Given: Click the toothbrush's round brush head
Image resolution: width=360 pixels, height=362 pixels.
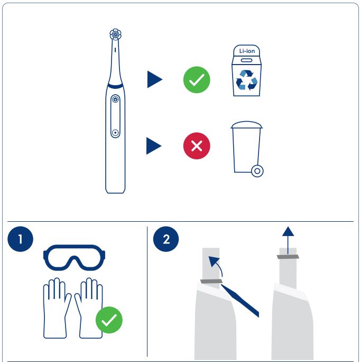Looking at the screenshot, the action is (x=115, y=34).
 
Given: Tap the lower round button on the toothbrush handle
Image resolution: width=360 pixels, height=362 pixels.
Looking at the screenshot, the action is (x=115, y=133).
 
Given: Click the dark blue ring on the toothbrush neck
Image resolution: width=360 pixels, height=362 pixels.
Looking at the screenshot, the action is (x=115, y=86).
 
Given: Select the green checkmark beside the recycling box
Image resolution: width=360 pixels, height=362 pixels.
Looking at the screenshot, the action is (x=197, y=79).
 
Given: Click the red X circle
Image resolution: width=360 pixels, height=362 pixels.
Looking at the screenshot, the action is (x=197, y=146).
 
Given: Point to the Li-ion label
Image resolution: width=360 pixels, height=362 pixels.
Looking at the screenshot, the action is (x=247, y=51).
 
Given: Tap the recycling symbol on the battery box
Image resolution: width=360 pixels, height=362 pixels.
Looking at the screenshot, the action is (x=246, y=80).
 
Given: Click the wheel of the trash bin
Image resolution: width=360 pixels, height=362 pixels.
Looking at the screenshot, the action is (x=257, y=171).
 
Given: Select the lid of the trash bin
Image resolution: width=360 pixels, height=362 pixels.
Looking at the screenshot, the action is (x=246, y=125).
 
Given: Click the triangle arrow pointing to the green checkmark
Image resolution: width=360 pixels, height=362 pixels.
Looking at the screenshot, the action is (x=153, y=79).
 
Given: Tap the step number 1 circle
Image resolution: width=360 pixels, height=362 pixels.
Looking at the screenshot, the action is (x=20, y=239).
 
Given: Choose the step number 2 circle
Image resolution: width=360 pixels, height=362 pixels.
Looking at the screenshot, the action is (x=166, y=239).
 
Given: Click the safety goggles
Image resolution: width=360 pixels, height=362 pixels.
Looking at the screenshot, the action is (x=74, y=257).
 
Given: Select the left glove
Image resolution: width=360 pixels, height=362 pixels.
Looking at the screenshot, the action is (x=57, y=308).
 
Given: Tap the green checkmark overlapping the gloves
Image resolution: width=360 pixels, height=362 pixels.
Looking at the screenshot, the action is (x=109, y=320).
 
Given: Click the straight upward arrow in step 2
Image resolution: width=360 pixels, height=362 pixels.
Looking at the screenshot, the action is (x=288, y=240).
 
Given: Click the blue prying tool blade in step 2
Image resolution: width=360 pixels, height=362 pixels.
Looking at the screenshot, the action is (x=241, y=301).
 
